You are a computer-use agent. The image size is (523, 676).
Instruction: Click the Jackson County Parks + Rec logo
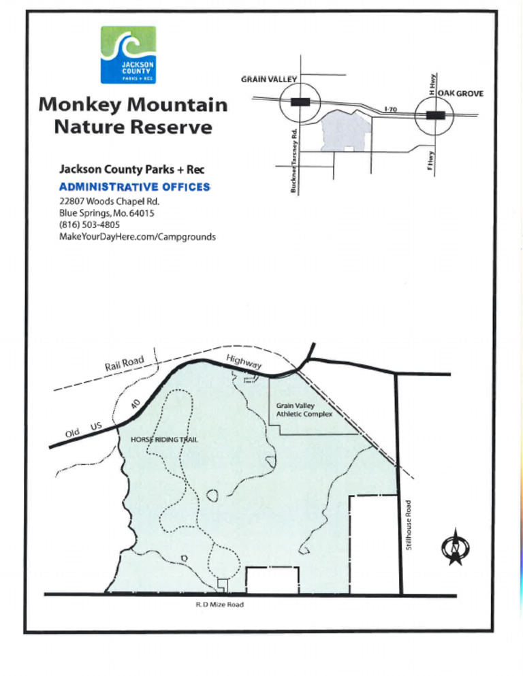[x=128, y=54]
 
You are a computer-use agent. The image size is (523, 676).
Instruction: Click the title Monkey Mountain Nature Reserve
[x=133, y=116]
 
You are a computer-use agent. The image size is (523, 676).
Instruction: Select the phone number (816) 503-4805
[x=89, y=225]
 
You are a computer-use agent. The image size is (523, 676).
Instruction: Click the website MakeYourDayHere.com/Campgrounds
[x=138, y=236]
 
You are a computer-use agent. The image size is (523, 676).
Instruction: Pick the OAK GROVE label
[x=460, y=93]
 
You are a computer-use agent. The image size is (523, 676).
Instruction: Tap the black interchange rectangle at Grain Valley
[x=300, y=102]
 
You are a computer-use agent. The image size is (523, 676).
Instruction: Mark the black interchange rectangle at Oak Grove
[x=434, y=114]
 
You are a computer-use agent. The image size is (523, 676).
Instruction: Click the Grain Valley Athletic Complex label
[x=304, y=410]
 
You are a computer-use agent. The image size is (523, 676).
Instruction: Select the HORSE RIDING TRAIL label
[x=163, y=440]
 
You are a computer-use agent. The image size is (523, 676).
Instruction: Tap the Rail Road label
[x=123, y=364]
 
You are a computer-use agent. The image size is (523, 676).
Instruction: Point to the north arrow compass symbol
[x=454, y=547]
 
